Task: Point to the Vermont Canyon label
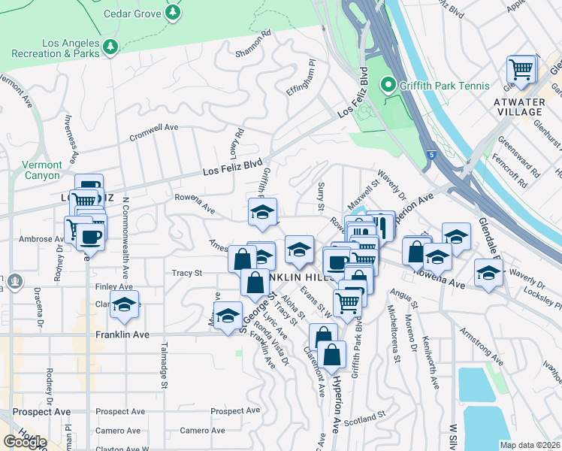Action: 41,170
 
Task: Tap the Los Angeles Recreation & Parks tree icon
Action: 111,47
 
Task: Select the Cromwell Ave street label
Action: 153,128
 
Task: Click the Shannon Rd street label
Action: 252,53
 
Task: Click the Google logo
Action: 25,441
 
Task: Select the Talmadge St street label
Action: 163,364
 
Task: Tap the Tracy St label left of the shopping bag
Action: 187,274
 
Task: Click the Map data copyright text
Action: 530,445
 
